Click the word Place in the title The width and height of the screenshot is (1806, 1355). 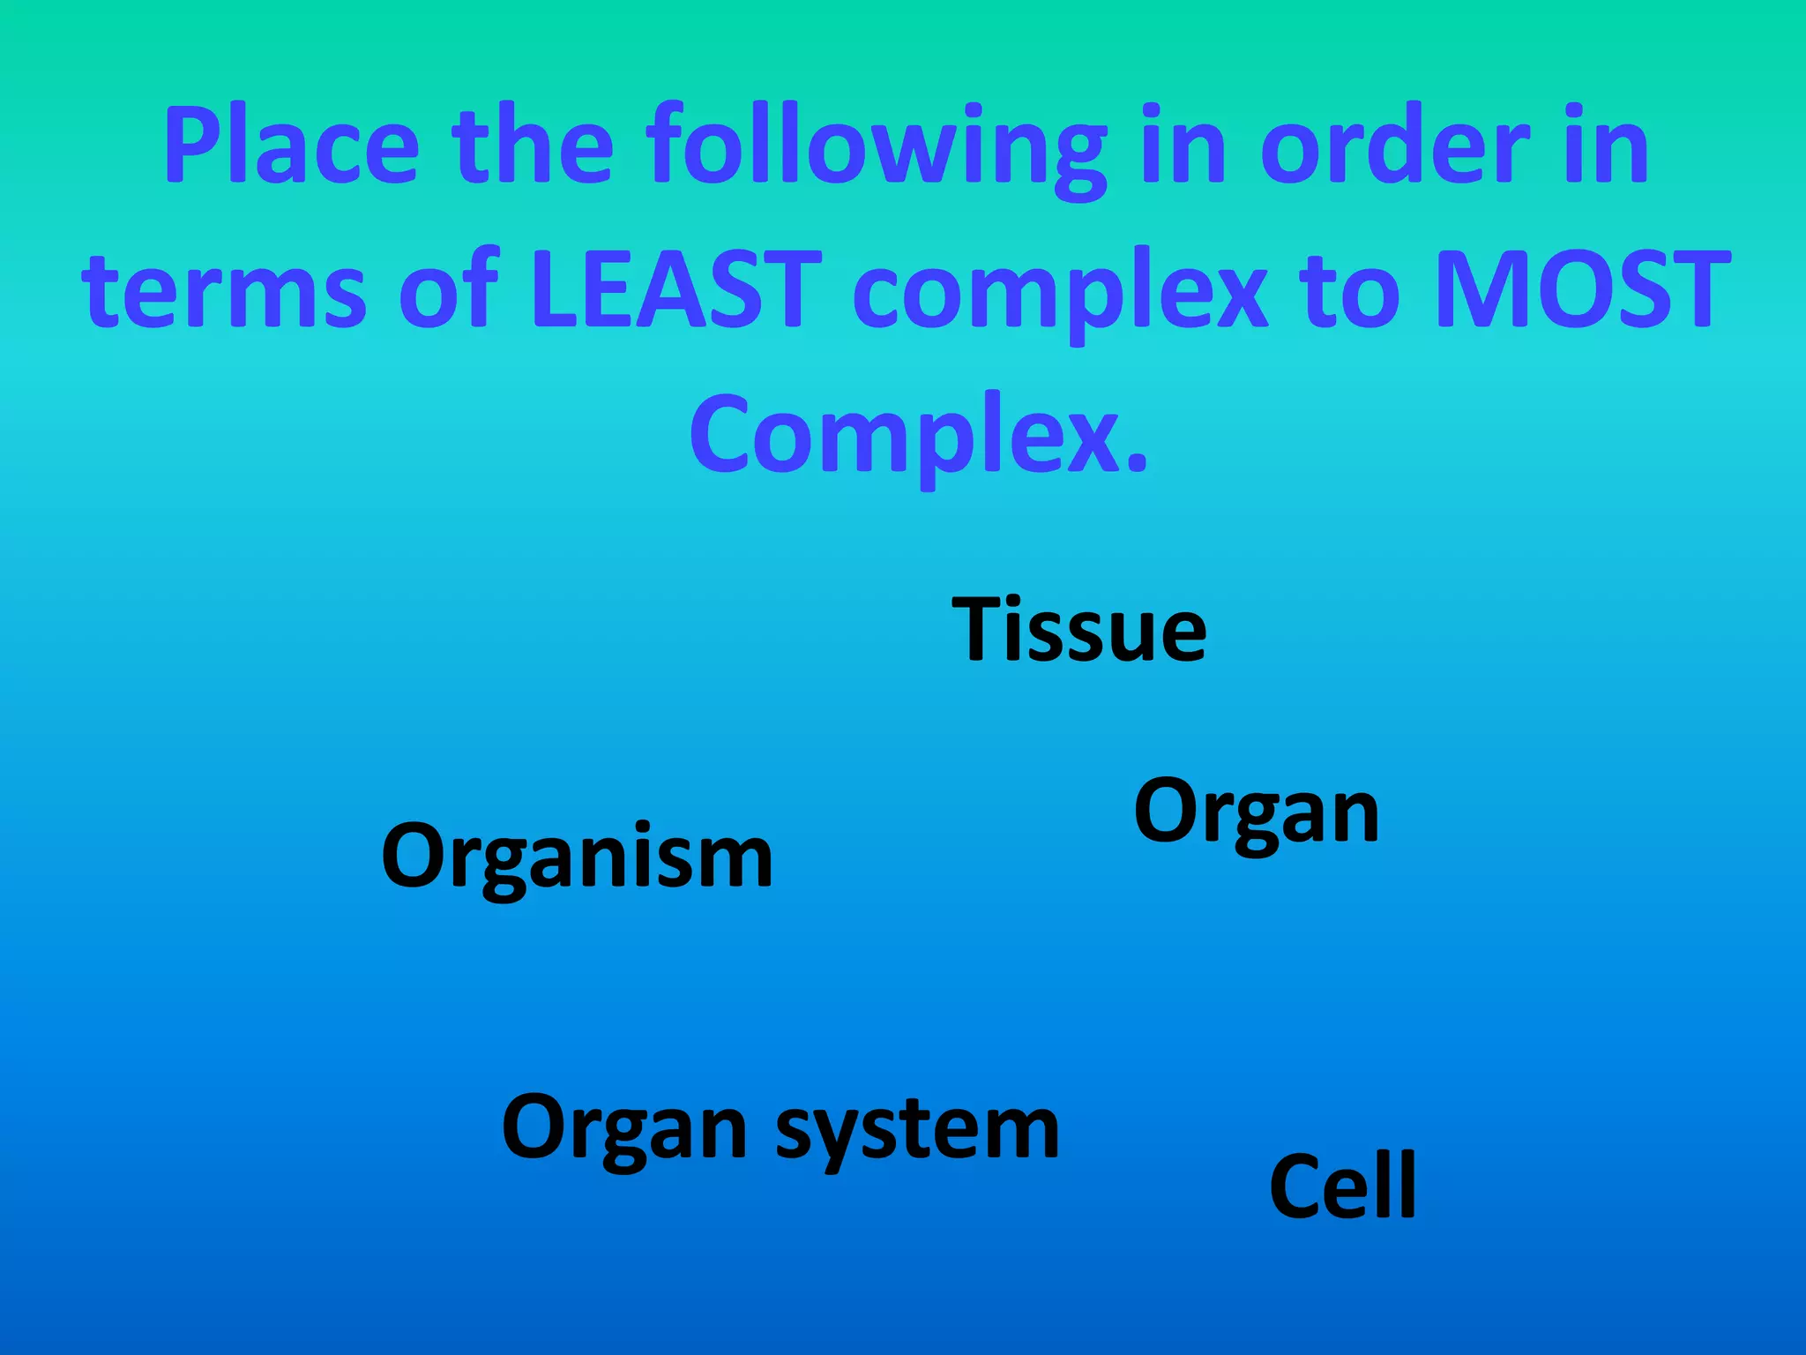[291, 146]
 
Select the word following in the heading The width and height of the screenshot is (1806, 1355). [876, 150]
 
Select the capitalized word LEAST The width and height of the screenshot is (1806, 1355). [675, 289]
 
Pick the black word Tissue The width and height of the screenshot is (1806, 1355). [1078, 629]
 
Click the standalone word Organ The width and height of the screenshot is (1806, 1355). [1256, 813]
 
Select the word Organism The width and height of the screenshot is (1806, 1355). [577, 858]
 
